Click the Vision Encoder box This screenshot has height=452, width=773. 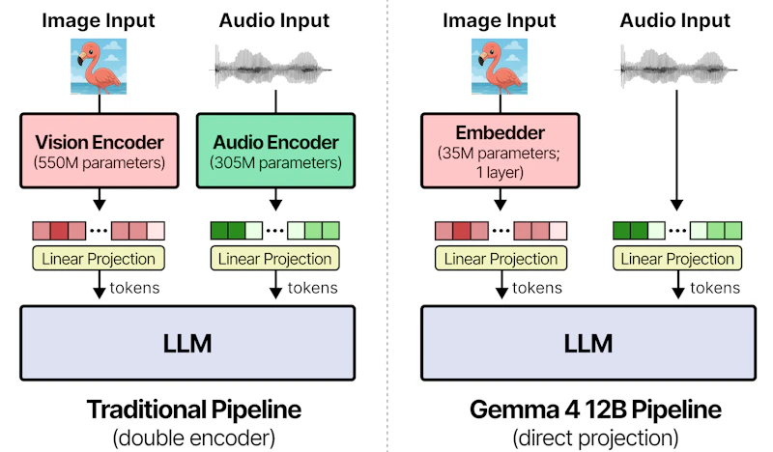(x=100, y=151)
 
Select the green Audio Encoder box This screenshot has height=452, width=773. (x=275, y=151)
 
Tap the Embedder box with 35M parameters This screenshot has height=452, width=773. (x=500, y=151)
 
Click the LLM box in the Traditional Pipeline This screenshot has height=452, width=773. (x=187, y=343)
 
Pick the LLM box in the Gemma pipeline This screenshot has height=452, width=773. (x=588, y=343)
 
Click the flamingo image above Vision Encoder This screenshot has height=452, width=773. (x=99, y=67)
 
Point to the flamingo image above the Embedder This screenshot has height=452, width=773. (x=500, y=67)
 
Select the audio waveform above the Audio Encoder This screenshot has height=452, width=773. (x=273, y=68)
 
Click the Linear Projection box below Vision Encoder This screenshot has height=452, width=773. (x=99, y=259)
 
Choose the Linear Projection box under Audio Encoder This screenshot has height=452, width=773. (x=275, y=259)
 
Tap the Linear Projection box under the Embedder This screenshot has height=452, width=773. (x=501, y=259)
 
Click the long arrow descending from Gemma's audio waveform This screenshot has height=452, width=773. (x=676, y=151)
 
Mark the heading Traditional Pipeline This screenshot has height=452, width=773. (x=194, y=410)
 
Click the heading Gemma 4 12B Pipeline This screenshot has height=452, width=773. (x=595, y=410)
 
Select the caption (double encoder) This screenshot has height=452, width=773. (x=194, y=438)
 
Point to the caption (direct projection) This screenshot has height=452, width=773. (x=595, y=438)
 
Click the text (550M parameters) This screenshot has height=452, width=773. (x=100, y=163)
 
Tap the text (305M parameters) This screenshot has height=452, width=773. (x=275, y=163)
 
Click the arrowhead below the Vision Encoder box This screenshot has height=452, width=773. (x=100, y=205)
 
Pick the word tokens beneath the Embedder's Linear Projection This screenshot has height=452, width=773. (x=537, y=288)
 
